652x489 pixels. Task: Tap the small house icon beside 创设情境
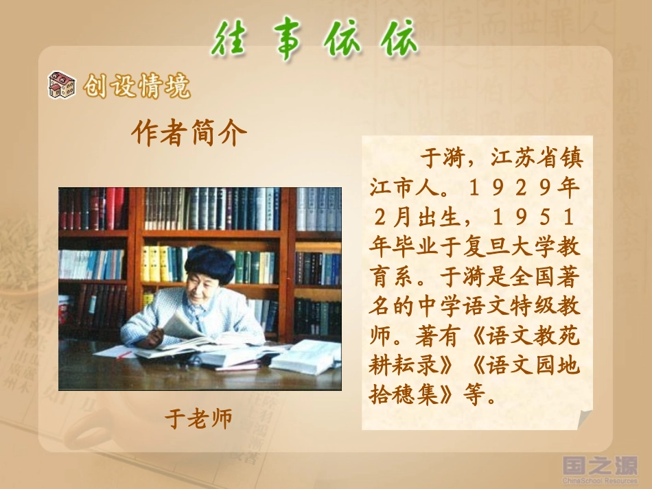click(x=61, y=85)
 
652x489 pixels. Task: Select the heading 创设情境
click(x=137, y=87)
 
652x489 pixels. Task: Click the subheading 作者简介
click(x=188, y=133)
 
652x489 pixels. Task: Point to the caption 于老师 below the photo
click(x=198, y=418)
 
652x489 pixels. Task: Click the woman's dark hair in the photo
click(x=209, y=263)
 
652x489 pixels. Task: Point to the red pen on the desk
click(x=124, y=355)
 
